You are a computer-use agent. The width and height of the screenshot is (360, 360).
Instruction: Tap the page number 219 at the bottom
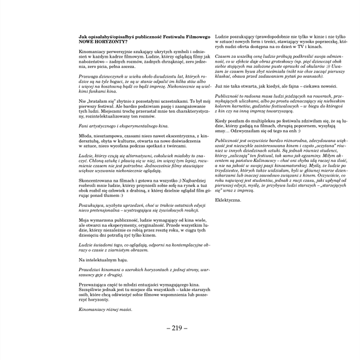179,328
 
